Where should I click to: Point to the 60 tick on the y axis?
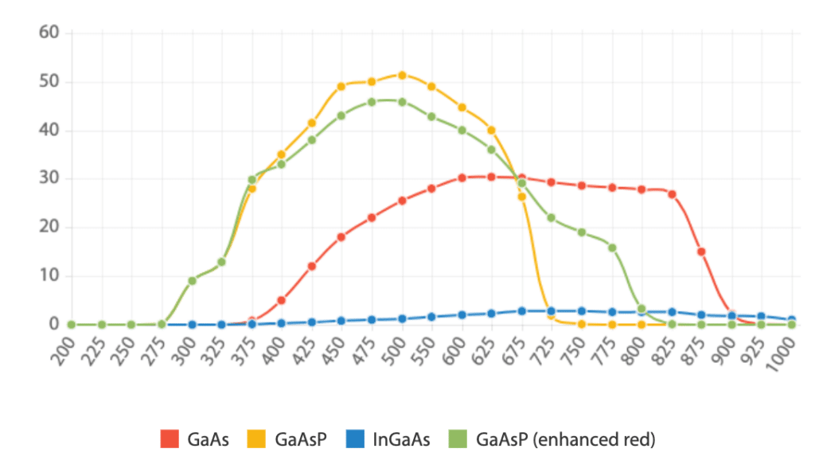[x=49, y=33]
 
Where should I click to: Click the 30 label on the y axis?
[x=49, y=179]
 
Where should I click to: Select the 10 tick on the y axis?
[x=49, y=276]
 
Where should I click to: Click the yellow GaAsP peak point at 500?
[x=402, y=76]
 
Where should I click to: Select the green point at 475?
[x=372, y=102]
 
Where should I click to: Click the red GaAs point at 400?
[x=282, y=300]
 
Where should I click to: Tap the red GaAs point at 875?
[x=701, y=252]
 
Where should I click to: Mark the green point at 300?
[x=192, y=280]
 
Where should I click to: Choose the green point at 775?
[x=612, y=248]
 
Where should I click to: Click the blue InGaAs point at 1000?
[x=791, y=320]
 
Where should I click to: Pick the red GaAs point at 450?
[x=341, y=237]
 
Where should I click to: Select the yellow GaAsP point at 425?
[x=312, y=123]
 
